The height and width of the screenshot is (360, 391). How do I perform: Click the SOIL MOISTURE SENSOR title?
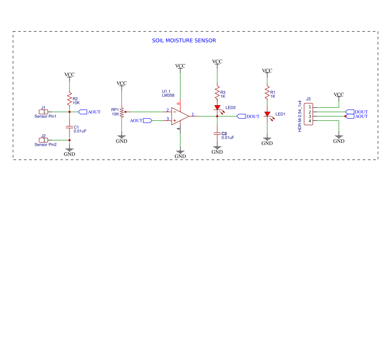(184, 40)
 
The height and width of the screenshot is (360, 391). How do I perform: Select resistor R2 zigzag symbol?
(69, 99)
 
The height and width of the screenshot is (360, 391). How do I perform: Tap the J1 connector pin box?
(44, 112)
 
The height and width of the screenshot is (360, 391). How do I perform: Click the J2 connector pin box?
(44, 140)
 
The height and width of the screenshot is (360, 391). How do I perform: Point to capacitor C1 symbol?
(69, 127)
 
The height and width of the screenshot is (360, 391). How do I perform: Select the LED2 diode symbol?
(217, 108)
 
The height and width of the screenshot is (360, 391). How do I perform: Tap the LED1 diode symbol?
(267, 114)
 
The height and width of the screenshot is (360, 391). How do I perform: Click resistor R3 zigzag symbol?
(217, 92)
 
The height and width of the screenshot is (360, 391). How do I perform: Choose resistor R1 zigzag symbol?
(267, 92)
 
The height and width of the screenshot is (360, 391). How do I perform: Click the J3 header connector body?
(309, 114)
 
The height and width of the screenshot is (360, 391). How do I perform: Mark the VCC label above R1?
(267, 70)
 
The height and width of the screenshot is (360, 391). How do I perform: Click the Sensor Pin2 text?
(46, 145)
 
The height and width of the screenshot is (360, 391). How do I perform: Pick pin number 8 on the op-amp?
(179, 103)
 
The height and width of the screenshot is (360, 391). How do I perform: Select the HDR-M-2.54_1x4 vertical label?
(300, 116)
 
